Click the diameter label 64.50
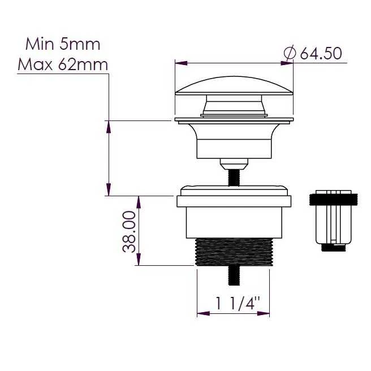[321, 53]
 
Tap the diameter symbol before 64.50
[290, 53]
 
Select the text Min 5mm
[63, 44]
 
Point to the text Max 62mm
[63, 64]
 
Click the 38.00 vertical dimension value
[130, 232]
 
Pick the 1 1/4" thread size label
[238, 303]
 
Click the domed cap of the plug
[234, 86]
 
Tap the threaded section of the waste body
[234, 252]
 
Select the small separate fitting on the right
[333, 220]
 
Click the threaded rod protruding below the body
[234, 275]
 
